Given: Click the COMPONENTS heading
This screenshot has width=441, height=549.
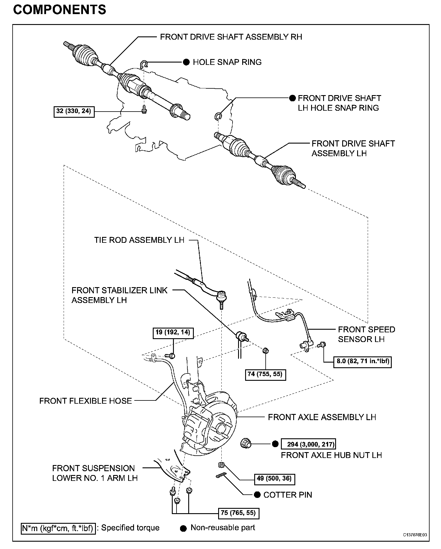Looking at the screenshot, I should [x=60, y=10].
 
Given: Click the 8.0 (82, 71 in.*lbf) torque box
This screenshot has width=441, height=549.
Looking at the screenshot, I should [x=362, y=361].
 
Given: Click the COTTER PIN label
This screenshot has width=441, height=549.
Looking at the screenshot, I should [x=288, y=495].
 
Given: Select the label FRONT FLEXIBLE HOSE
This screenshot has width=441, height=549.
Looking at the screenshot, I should [x=86, y=401].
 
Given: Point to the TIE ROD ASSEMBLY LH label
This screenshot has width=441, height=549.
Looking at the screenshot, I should [x=139, y=240].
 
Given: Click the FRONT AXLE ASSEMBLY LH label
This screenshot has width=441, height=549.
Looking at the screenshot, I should [x=322, y=417].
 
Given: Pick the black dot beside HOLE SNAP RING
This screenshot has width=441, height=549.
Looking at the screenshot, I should [x=186, y=62].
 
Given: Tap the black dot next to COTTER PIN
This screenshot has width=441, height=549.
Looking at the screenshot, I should [x=257, y=495].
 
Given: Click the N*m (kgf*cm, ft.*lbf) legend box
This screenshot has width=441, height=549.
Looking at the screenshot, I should [x=58, y=528].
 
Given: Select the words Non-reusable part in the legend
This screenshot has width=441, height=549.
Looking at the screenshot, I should [x=223, y=528].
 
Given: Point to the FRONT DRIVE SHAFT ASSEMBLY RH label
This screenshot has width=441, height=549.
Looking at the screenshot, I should [x=231, y=37].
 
